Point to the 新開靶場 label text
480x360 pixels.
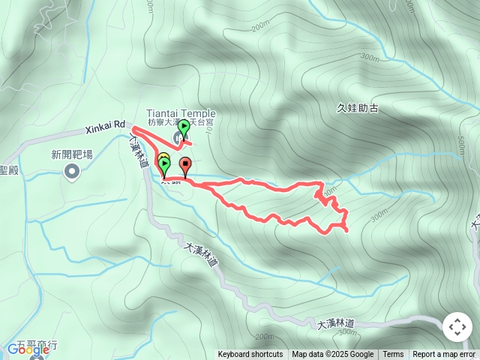(x=72, y=155)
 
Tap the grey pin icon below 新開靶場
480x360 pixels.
(x=72, y=172)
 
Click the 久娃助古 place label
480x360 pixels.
(x=358, y=108)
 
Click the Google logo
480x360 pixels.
(x=28, y=349)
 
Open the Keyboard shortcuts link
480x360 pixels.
(x=250, y=355)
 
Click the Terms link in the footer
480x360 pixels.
(x=393, y=355)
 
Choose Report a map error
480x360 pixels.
(x=445, y=355)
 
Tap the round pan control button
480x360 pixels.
(x=457, y=328)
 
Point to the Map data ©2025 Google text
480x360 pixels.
(x=333, y=355)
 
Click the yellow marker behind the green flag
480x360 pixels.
(x=163, y=157)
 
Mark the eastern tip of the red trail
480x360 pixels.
(x=347, y=229)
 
